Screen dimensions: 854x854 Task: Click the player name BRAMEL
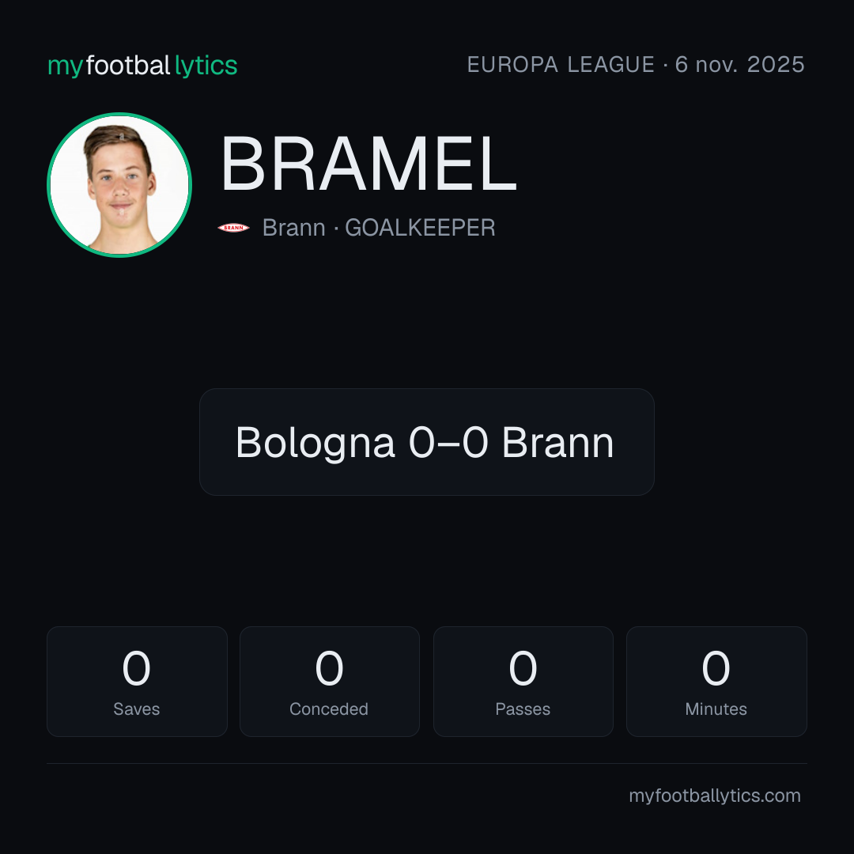[x=368, y=164]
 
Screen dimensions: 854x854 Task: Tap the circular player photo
[x=119, y=184]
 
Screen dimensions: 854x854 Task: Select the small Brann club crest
[x=233, y=228]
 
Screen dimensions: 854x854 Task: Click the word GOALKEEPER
[x=420, y=228]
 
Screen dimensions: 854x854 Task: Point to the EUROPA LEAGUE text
[x=561, y=65]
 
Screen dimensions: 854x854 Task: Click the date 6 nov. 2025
[x=739, y=65]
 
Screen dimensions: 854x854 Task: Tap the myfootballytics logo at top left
[x=142, y=66]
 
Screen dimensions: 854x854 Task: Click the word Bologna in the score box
[x=315, y=444]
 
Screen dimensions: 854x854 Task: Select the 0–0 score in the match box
[x=448, y=442]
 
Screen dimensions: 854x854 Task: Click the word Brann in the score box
[x=557, y=442]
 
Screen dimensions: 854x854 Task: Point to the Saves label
[x=137, y=709]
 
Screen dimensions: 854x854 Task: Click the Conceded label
[x=329, y=709]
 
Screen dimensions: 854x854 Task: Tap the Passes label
[x=523, y=709]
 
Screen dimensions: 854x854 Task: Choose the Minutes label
[x=716, y=709]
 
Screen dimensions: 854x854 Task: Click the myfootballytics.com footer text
[x=715, y=795]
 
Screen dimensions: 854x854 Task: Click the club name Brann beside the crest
[x=294, y=228]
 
